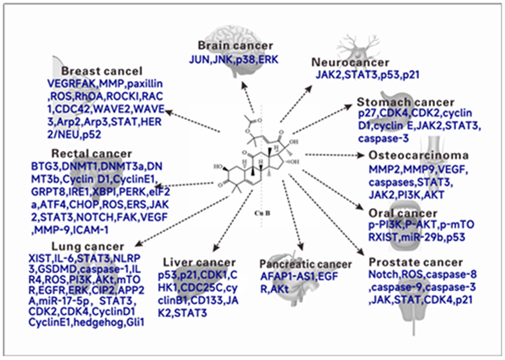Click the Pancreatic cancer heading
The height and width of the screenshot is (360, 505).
tap(306, 264)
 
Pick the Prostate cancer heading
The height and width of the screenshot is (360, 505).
tap(415, 262)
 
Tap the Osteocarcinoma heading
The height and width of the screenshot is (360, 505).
tap(418, 156)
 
